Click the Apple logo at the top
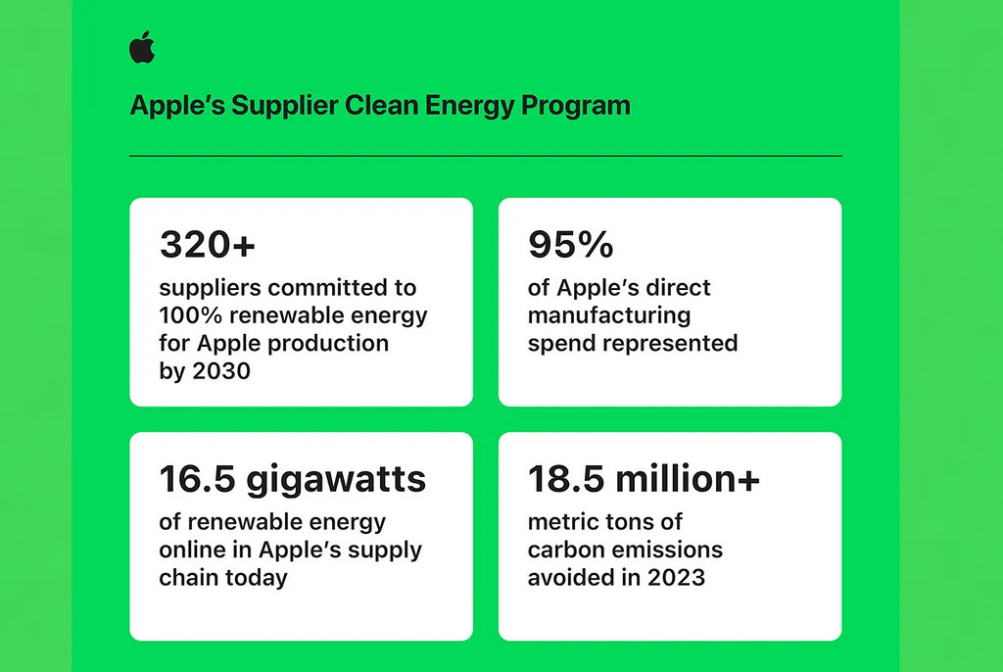[142, 47]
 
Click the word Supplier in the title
[284, 106]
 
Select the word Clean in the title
[381, 105]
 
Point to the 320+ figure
[208, 245]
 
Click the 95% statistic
[571, 245]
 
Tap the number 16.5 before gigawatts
[197, 479]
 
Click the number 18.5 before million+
[566, 479]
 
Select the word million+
[688, 479]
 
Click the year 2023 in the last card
[676, 577]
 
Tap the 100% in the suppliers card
[191, 315]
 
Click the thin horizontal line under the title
[486, 156]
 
